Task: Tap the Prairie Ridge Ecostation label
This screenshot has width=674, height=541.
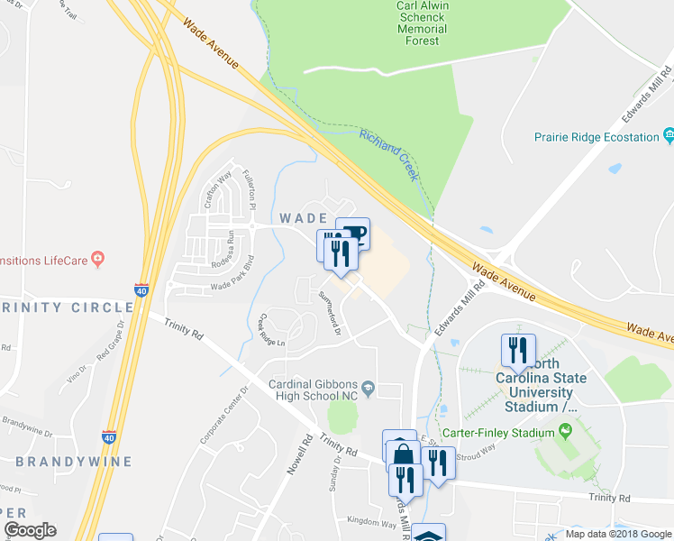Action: (x=596, y=137)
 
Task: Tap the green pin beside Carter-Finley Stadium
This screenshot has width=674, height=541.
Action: (x=565, y=433)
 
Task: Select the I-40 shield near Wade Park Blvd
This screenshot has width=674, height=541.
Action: (x=141, y=290)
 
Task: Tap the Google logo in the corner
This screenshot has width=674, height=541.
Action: (x=29, y=531)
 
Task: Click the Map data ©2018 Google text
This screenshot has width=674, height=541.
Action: (x=618, y=534)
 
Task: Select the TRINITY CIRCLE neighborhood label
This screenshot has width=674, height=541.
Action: (x=67, y=307)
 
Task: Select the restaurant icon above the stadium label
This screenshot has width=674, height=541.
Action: (x=518, y=350)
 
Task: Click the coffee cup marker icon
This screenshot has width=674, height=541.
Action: (x=354, y=234)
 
